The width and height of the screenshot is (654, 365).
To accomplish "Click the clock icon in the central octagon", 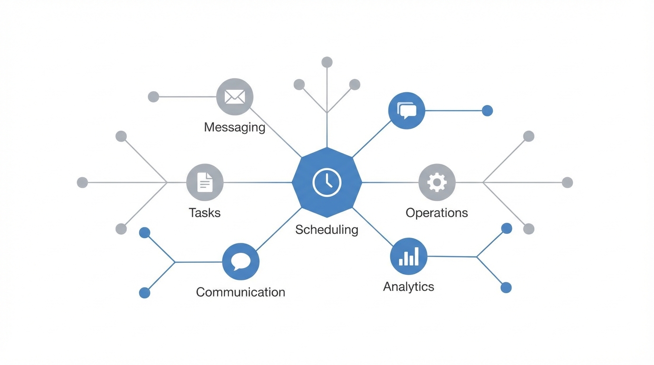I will (327, 182).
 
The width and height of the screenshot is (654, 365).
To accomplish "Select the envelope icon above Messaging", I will (235, 97).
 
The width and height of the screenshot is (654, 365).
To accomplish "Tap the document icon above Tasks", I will (205, 182).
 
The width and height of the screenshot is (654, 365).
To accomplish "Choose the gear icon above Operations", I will (437, 182).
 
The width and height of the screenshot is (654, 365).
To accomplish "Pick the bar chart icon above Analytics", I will (409, 256).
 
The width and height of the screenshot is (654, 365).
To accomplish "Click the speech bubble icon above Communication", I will (240, 261).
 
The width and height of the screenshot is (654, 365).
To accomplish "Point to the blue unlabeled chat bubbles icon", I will (406, 111).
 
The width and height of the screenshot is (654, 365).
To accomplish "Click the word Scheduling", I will (327, 230).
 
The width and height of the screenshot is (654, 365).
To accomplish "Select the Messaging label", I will (234, 127).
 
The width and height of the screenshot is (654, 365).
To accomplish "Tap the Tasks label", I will (204, 212).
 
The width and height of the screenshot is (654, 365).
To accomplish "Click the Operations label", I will (436, 212).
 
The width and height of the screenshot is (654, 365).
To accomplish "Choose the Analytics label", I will (408, 287).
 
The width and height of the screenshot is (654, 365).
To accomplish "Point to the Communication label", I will (240, 292).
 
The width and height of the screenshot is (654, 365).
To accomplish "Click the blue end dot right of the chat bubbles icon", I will (487, 111).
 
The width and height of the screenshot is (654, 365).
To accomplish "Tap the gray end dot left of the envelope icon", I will (153, 97).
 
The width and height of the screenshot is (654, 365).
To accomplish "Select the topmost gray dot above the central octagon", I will (327, 62).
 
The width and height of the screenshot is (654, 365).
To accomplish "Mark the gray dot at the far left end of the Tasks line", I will (82, 182).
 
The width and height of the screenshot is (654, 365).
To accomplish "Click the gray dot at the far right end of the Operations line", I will (567, 182).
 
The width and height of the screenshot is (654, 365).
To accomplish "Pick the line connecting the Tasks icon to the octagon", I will (257, 182).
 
